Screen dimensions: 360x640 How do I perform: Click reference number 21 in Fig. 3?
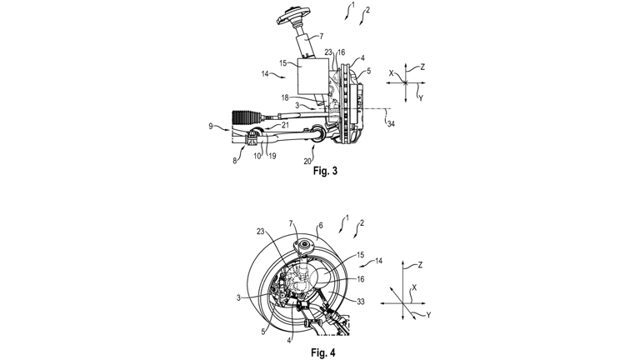[285, 125]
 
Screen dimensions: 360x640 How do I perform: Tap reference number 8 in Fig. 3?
[234, 158]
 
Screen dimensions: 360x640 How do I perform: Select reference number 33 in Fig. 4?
[362, 302]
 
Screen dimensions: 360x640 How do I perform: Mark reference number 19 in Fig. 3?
[272, 156]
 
